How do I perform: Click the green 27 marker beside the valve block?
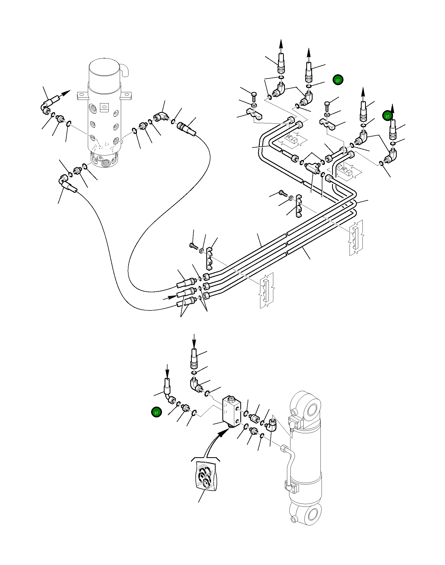[x=156, y=412]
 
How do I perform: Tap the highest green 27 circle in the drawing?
[x=338, y=80]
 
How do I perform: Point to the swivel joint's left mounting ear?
[x=82, y=95]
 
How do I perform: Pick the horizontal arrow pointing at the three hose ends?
[x=170, y=298]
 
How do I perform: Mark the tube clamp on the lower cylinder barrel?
[x=291, y=486]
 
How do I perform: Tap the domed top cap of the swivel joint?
[x=104, y=70]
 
